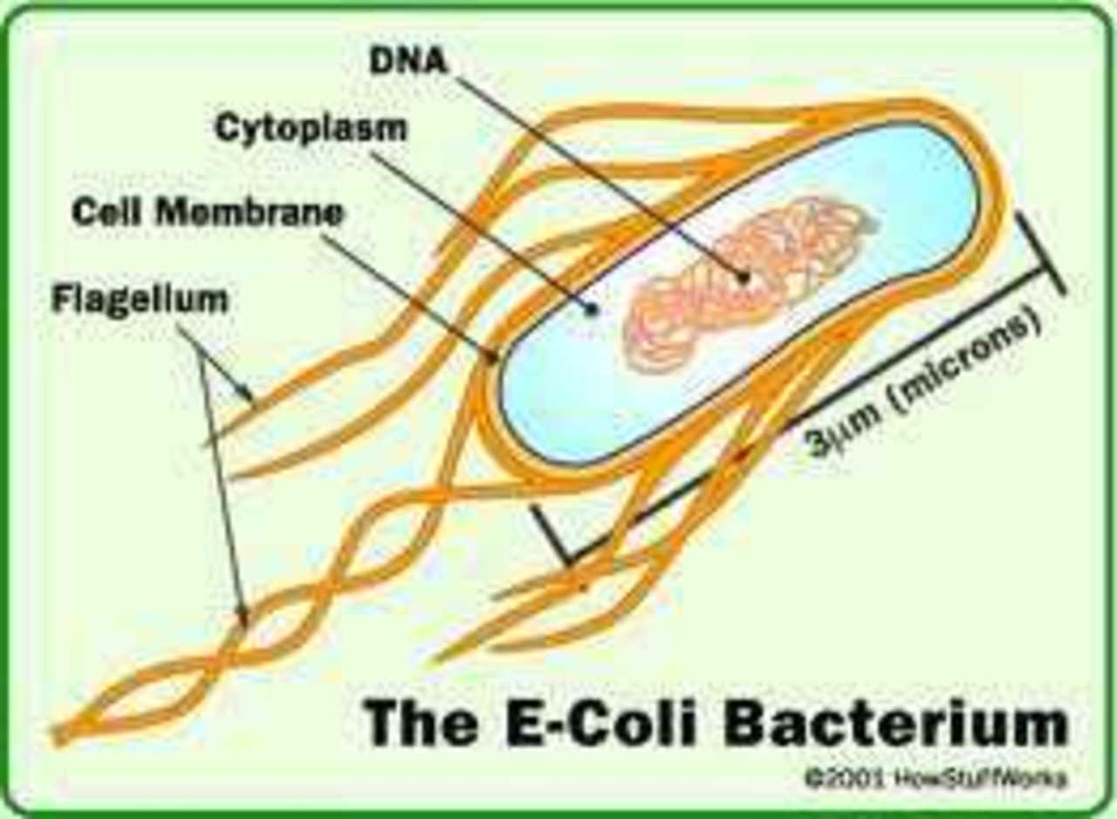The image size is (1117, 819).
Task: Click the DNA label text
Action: pos(407,61)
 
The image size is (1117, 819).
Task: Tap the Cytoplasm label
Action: pos(312,128)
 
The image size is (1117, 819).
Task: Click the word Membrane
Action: pos(250,212)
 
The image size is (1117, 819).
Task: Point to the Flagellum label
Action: pos(140,299)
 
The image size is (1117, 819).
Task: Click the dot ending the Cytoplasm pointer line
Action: pos(592,310)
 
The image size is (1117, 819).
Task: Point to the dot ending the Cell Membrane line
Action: pos(493,357)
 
